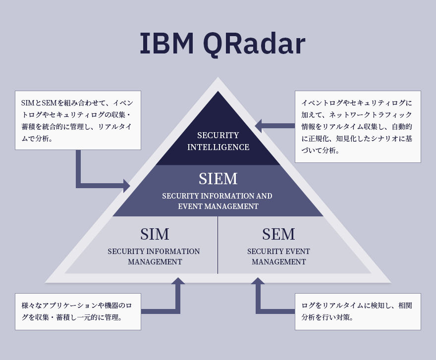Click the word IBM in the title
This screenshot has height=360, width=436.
click(167, 44)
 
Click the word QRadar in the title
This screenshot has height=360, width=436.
click(254, 45)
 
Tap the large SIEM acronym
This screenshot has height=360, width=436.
click(218, 178)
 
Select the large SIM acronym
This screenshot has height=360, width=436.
click(155, 234)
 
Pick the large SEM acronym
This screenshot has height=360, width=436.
click(278, 234)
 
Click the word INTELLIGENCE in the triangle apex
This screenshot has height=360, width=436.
click(218, 147)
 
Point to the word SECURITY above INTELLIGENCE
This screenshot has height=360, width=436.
click(218, 135)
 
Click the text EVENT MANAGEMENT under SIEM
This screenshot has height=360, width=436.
click(218, 206)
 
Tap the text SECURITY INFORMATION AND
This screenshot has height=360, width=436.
click(217, 196)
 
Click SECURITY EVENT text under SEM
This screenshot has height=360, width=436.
click(278, 251)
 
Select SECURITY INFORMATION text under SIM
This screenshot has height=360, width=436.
click(154, 251)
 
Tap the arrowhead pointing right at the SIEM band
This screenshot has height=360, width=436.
click(127, 186)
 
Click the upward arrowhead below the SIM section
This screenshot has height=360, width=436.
click(178, 281)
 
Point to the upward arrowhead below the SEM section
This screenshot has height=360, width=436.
click(258, 281)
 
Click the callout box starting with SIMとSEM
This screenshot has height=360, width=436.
click(78, 120)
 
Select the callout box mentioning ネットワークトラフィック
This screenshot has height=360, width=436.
click(358, 126)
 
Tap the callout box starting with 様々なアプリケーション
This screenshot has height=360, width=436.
click(78, 311)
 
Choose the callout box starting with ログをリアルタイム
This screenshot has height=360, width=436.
click(358, 311)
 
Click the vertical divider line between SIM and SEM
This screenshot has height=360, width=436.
click(218, 245)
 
